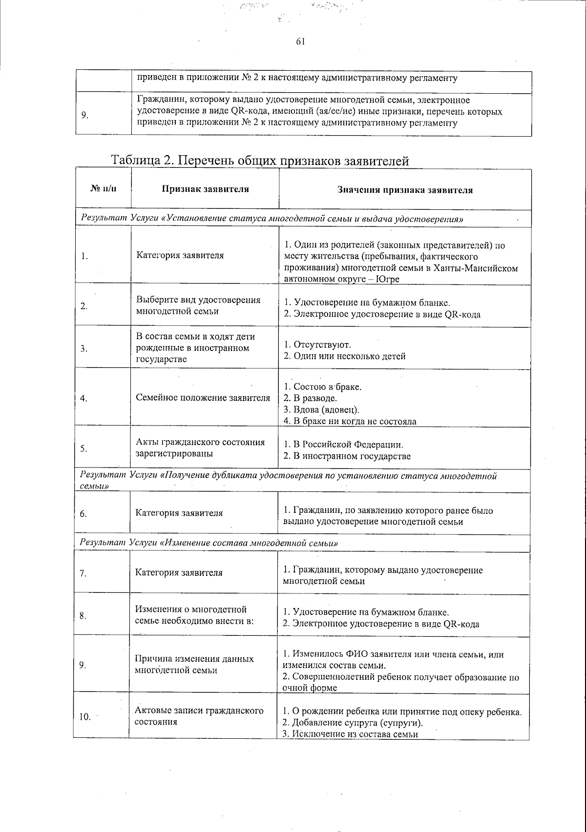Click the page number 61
(300, 42)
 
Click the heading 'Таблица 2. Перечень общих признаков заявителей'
(260, 161)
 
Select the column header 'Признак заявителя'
(205, 189)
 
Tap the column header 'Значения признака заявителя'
(405, 190)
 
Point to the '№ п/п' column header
(104, 189)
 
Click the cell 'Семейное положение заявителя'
(203, 398)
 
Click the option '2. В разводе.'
(310, 398)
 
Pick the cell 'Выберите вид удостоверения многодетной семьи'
(198, 305)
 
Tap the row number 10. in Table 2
(85, 717)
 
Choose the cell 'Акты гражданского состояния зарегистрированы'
(200, 447)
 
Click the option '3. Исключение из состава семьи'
(350, 734)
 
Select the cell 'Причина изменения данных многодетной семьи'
(194, 664)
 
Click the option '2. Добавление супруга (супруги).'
(353, 723)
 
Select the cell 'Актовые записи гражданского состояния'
(199, 716)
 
